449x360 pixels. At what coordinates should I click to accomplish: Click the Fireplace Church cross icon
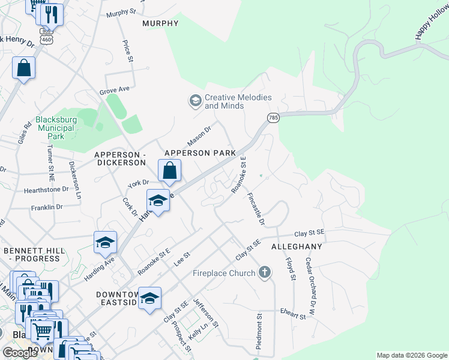(264, 273)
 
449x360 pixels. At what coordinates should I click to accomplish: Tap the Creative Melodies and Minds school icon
(194, 101)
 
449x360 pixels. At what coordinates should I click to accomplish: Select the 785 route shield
(274, 118)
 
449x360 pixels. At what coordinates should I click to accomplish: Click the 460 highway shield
(46, 40)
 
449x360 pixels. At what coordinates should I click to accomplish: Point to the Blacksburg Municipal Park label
(56, 128)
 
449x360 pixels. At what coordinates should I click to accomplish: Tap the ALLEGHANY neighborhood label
(297, 247)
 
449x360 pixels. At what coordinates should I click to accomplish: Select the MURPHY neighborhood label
(160, 23)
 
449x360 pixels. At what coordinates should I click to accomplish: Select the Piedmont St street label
(260, 331)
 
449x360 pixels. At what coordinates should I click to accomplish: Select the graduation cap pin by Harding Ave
(105, 243)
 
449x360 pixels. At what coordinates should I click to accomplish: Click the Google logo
(19, 353)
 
